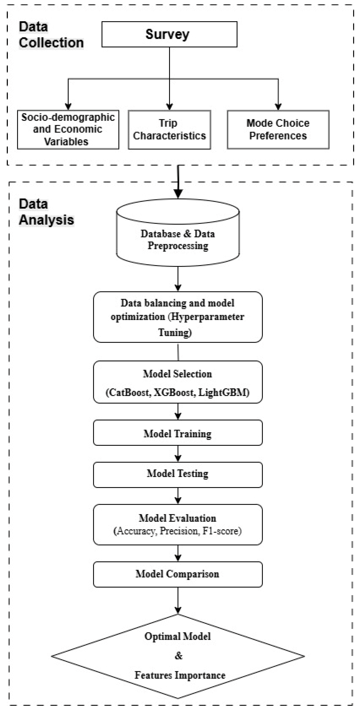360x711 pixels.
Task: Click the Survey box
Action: click(x=169, y=34)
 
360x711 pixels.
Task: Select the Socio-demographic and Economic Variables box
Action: click(x=68, y=130)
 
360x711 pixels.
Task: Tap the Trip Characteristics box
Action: click(x=169, y=130)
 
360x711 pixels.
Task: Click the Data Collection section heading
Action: click(x=51, y=35)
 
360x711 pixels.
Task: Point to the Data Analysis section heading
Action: click(x=46, y=212)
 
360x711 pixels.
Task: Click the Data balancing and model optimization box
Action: click(x=178, y=317)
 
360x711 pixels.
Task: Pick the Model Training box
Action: click(x=178, y=434)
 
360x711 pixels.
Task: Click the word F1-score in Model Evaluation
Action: click(x=222, y=531)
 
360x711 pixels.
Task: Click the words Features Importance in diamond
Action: click(x=180, y=675)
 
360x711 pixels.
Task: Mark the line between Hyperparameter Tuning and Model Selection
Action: click(x=178, y=352)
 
